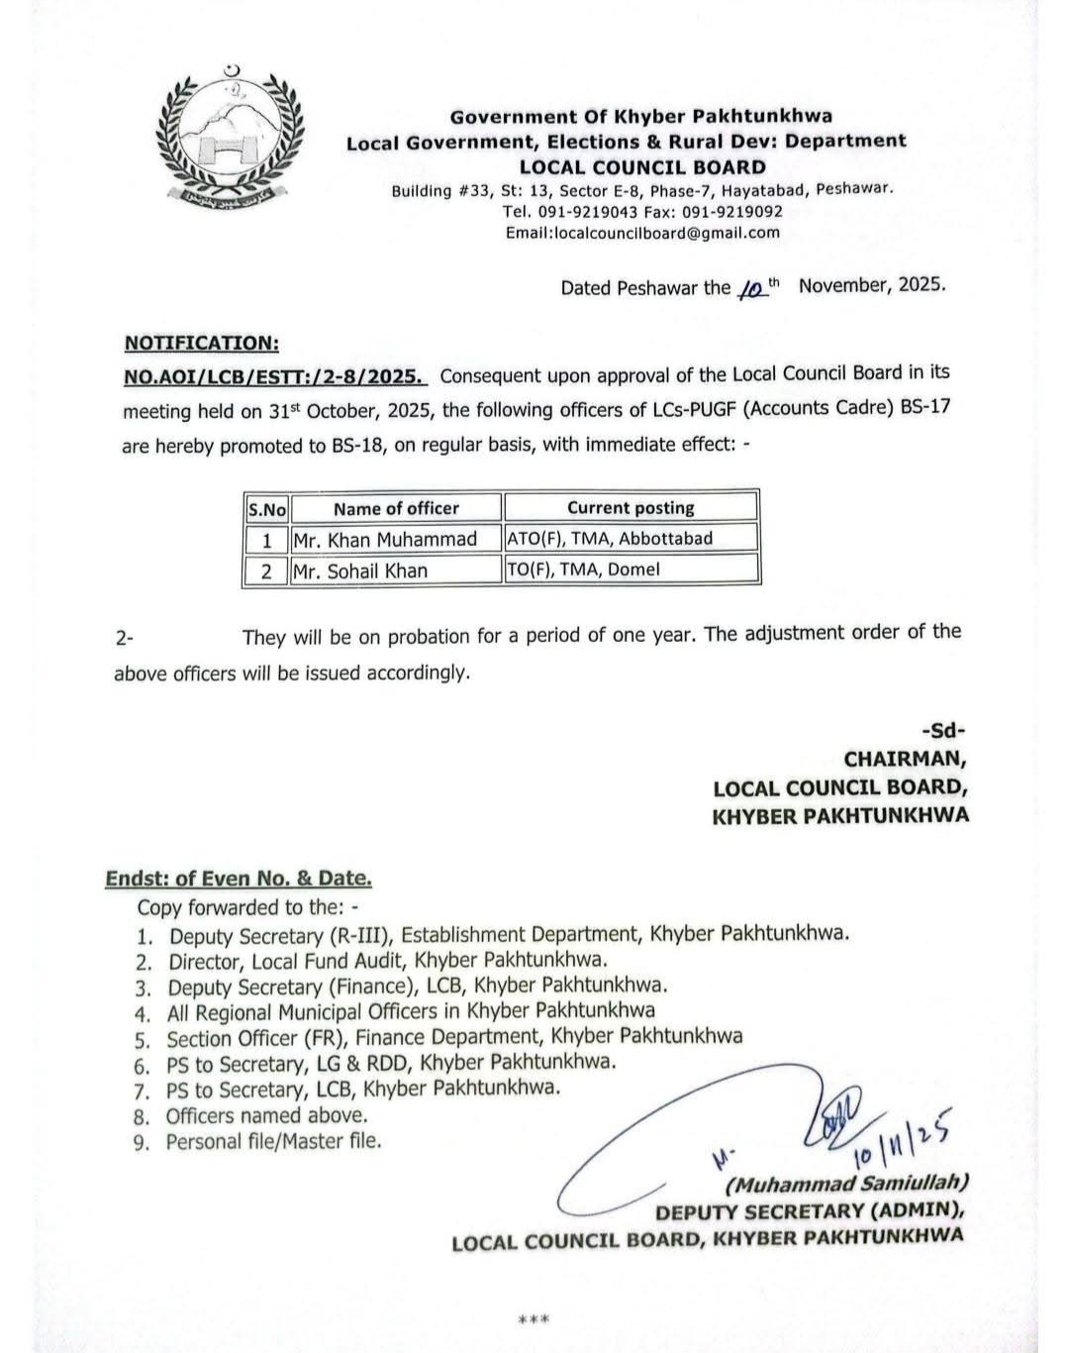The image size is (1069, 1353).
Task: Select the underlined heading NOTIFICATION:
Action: (201, 343)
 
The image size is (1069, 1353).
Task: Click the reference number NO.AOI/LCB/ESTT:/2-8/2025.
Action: (275, 375)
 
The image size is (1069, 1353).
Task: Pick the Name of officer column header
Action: (396, 508)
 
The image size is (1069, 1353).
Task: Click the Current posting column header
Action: (631, 508)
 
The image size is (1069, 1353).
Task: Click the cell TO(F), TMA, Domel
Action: (583, 570)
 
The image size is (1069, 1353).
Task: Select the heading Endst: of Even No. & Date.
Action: (239, 879)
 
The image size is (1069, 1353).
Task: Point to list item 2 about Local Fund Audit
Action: (387, 960)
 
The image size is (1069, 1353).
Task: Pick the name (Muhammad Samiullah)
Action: (846, 1183)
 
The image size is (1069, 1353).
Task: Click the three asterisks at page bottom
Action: (534, 1319)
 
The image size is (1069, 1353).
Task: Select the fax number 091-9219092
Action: (735, 212)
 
